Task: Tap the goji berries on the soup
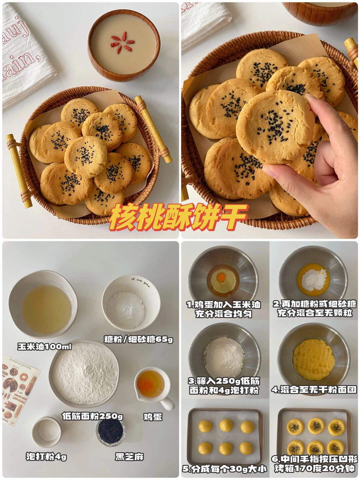pyautogui.click(x=122, y=43)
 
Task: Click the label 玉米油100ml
pyautogui.click(x=44, y=347)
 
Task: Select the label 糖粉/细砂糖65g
pyautogui.click(x=138, y=339)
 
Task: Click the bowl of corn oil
pyautogui.click(x=43, y=304)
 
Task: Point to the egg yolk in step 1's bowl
pyautogui.click(x=221, y=277)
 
